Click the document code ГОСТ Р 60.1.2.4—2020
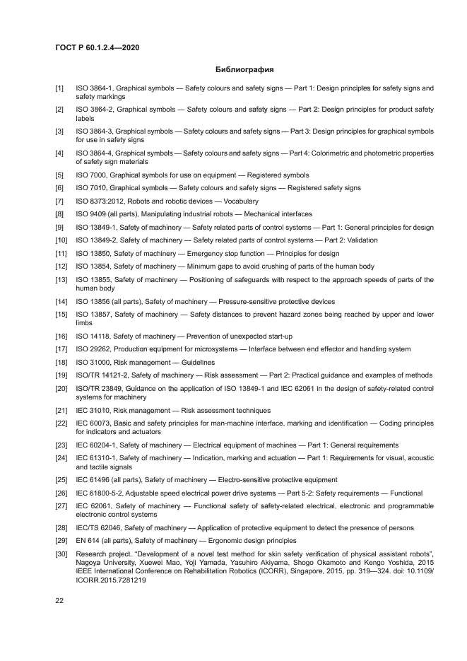point(97,47)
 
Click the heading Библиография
point(244,70)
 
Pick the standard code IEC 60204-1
point(97,445)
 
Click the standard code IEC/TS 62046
point(98,527)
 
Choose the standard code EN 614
point(88,540)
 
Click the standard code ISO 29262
point(93,349)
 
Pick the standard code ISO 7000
point(91,175)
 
